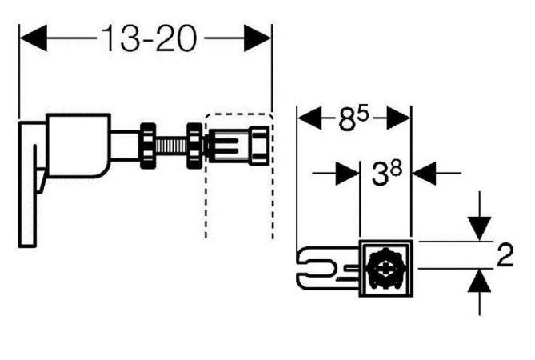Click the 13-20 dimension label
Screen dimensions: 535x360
[149, 38]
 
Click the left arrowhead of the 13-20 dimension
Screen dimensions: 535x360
[33, 38]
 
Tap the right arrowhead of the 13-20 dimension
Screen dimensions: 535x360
[258, 38]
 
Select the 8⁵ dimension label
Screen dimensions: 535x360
[353, 118]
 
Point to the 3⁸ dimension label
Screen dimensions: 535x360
[387, 174]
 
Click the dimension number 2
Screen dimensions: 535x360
[505, 255]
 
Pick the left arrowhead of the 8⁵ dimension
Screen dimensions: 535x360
[309, 118]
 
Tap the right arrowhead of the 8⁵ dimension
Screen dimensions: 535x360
[398, 118]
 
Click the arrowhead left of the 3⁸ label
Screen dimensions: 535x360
[347, 174]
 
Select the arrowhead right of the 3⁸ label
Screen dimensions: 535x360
[424, 174]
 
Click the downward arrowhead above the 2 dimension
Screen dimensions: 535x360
[479, 229]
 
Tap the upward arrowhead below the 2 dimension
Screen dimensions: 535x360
[479, 281]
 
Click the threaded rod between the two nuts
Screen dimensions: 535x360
[172, 146]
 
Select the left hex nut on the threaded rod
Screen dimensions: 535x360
[148, 146]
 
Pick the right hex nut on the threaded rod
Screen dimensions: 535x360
[195, 146]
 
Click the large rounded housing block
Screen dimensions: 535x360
[78, 145]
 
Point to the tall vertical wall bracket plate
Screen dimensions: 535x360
[27, 184]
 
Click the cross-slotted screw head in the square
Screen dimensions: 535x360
[386, 268]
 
